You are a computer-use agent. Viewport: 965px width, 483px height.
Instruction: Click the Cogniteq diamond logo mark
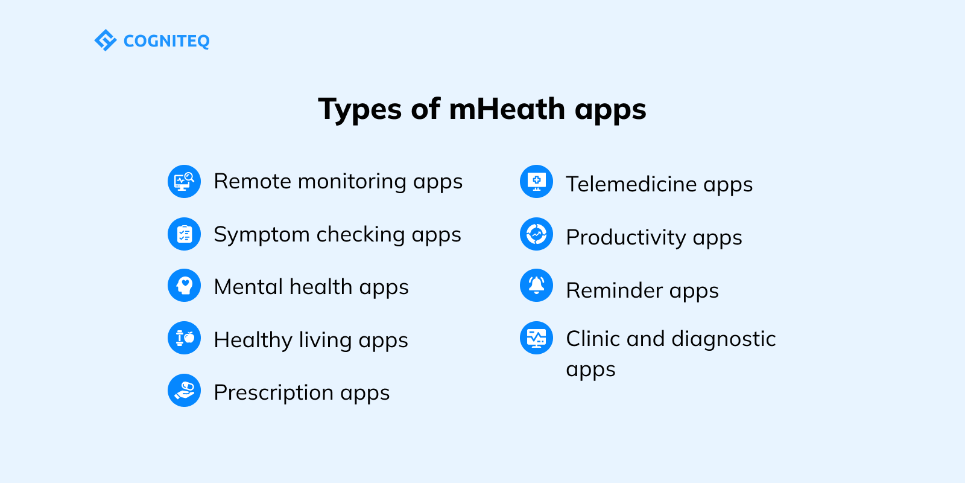click(106, 40)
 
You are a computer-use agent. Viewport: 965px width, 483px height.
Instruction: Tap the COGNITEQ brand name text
click(166, 41)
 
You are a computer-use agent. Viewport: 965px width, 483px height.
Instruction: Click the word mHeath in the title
click(507, 109)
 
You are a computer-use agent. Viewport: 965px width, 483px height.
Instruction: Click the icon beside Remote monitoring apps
click(184, 181)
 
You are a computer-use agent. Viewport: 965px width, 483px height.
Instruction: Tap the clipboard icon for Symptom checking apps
click(184, 234)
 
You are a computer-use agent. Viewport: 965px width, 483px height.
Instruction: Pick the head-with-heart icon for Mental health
click(184, 286)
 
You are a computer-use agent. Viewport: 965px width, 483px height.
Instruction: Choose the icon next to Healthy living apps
click(184, 337)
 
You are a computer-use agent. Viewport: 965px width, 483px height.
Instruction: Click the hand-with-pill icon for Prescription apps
click(184, 390)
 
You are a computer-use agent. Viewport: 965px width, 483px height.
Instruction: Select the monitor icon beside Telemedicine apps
click(536, 181)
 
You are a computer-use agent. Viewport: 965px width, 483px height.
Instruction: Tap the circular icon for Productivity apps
click(536, 234)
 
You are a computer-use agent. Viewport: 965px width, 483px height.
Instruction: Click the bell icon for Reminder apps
click(536, 286)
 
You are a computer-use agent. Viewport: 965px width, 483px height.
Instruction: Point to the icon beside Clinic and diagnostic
click(536, 337)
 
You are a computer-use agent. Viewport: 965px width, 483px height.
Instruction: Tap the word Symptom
click(262, 235)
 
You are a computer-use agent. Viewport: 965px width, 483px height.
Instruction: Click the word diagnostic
click(723, 339)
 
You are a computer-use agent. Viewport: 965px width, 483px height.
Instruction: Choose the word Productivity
click(625, 237)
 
